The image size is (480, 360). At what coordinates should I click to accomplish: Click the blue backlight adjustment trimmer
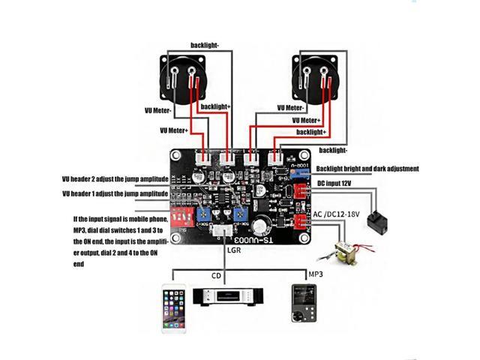[x=301, y=172]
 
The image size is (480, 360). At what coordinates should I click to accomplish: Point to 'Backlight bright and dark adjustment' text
[x=367, y=169]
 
